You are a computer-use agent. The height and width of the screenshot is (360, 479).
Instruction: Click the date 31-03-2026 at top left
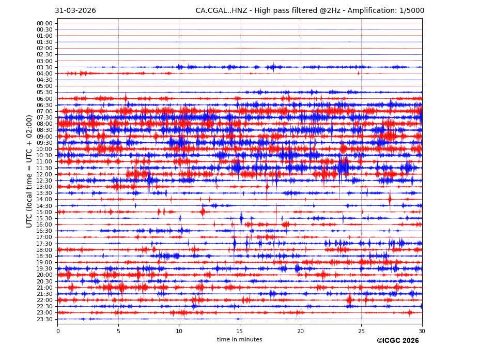pos(75,11)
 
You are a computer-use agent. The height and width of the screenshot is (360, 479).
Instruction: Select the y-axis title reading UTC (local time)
pos(30,171)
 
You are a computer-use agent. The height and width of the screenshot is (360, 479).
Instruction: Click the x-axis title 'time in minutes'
pos(239,340)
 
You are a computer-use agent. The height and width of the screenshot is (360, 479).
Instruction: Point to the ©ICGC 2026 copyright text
pos(397,341)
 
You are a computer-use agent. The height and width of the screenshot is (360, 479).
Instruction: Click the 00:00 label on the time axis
pos(44,23)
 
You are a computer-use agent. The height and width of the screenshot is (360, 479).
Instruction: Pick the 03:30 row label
pos(44,67)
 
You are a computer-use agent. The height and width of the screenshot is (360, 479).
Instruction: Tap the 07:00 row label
pos(44,111)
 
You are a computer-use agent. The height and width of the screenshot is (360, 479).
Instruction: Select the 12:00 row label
pos(44,174)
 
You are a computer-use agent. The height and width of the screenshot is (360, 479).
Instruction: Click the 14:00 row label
pos(44,200)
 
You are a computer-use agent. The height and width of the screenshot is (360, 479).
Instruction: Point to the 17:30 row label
pos(44,244)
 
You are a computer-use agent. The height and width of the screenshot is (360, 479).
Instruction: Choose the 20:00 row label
pos(44,275)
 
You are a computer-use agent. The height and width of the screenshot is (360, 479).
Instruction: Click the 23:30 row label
pos(44,319)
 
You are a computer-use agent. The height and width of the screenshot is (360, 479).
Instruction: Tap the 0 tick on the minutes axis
pos(58,331)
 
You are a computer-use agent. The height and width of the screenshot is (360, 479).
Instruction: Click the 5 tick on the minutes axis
pos(118,331)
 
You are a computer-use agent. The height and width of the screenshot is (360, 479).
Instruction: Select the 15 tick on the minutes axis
pos(240,331)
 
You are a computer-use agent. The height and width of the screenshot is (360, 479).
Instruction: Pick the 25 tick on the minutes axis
pos(361,331)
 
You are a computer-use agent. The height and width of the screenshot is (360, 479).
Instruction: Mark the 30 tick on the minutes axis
pos(422,331)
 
